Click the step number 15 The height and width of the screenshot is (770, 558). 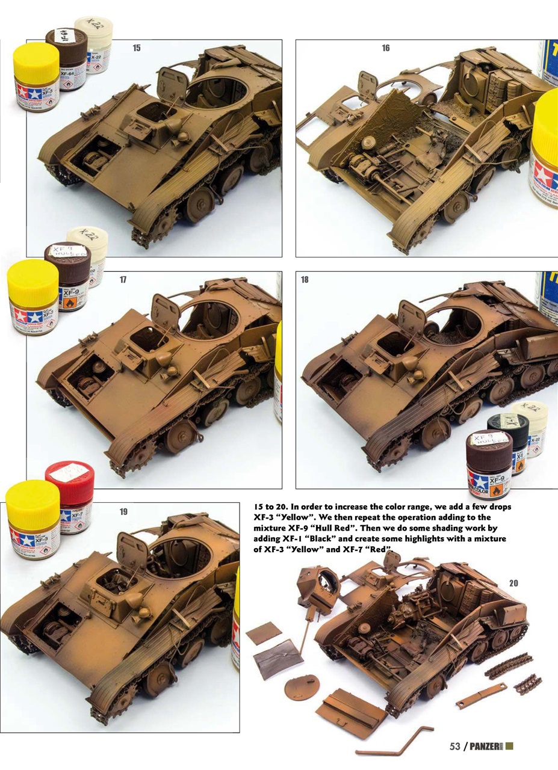coord(137,48)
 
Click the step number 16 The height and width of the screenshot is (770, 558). coord(386,48)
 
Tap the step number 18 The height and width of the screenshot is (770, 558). coord(305,280)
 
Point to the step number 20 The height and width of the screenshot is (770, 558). coord(513,583)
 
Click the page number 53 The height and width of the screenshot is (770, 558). coord(456,747)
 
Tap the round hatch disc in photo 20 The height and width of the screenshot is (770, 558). coord(301,685)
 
